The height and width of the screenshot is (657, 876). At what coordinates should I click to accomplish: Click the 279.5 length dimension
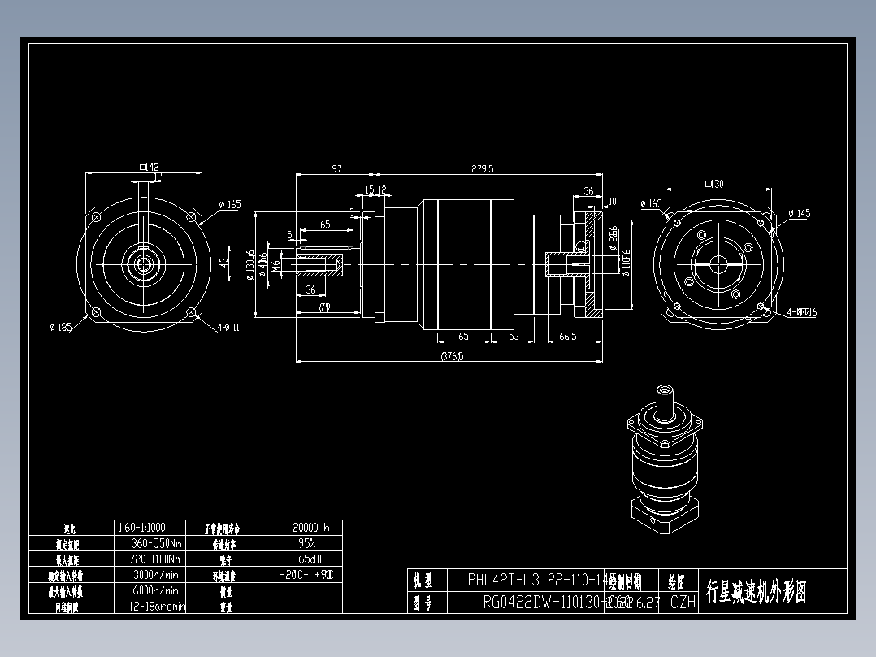click(483, 168)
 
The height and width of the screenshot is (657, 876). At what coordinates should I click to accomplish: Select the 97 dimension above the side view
click(336, 168)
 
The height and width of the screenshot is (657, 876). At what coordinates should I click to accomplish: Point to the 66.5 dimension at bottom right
click(567, 336)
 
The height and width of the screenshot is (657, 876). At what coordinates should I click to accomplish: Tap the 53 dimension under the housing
click(514, 336)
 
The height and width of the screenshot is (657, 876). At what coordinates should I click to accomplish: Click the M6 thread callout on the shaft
click(276, 264)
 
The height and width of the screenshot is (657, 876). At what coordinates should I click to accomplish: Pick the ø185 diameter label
click(60, 328)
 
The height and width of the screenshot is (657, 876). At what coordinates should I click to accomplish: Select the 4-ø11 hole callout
click(228, 328)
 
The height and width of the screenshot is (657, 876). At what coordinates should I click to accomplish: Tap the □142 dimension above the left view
click(149, 167)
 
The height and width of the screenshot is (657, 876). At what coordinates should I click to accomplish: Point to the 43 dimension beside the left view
click(224, 263)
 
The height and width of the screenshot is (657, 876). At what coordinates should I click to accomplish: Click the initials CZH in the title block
click(683, 603)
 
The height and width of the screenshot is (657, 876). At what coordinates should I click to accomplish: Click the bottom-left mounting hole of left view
click(96, 313)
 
